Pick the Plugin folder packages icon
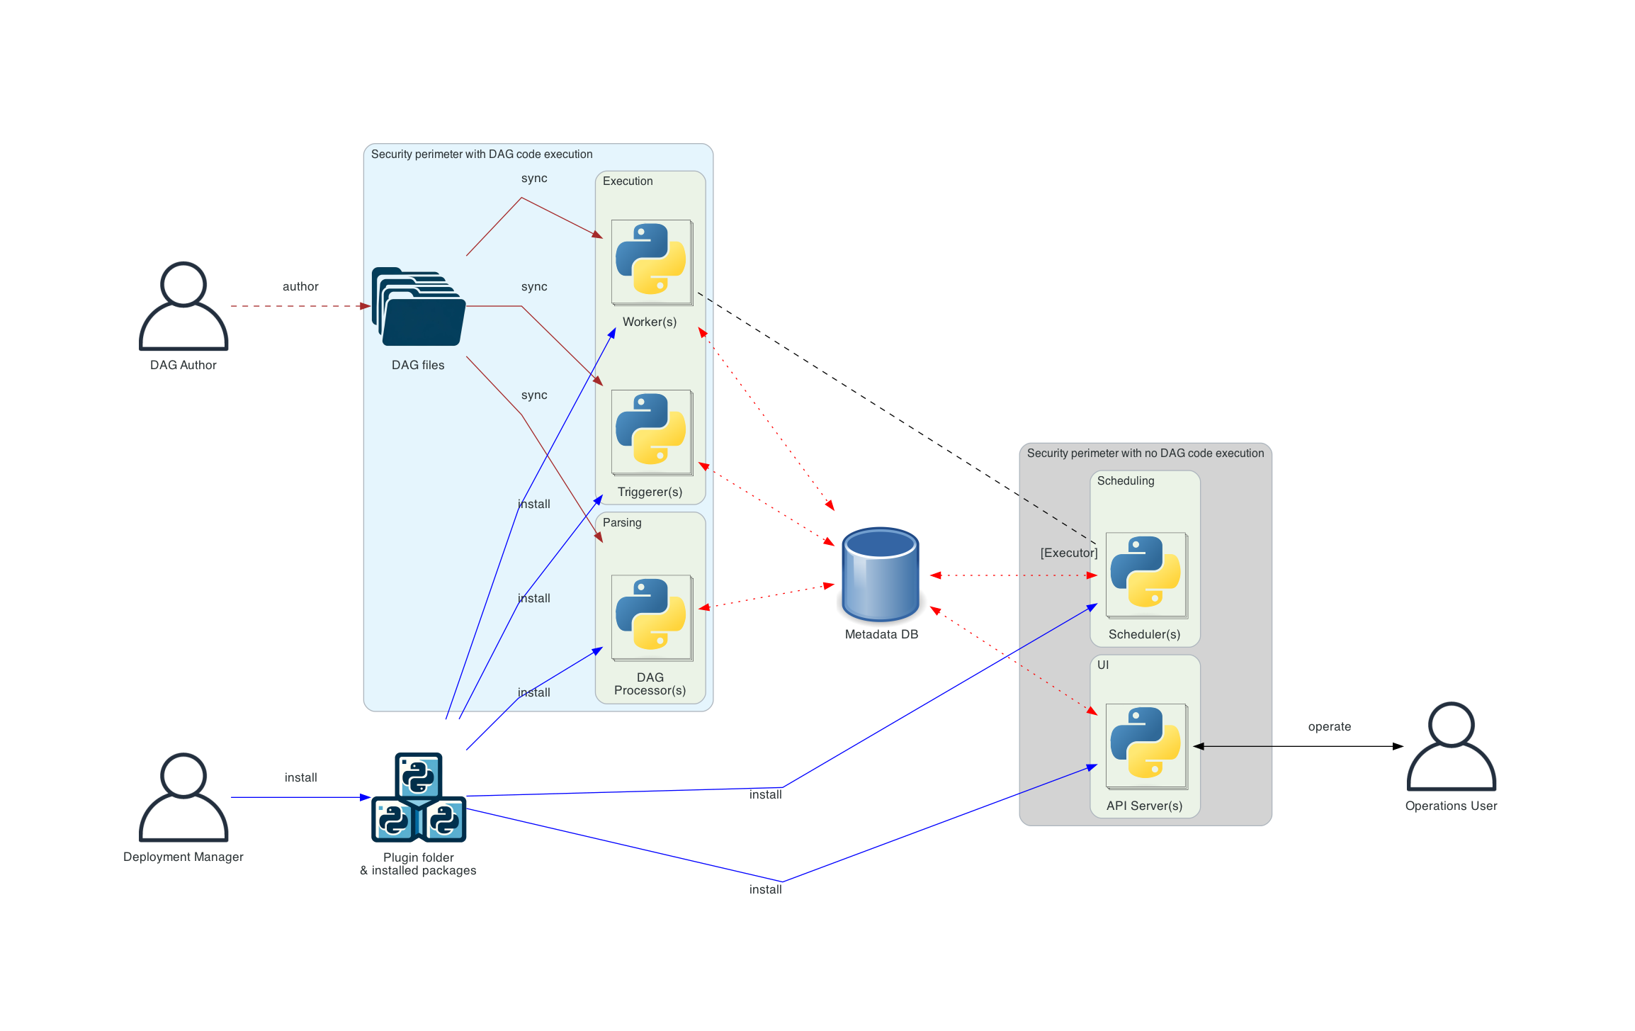[419, 798]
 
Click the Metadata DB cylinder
[881, 575]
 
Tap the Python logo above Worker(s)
[651, 260]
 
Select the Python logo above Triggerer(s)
[651, 430]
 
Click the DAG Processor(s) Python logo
[651, 615]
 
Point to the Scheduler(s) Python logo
[1145, 573]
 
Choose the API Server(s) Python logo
[1145, 744]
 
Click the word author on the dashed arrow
[300, 286]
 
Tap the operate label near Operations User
[1329, 726]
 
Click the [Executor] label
[1068, 553]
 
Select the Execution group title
[628, 181]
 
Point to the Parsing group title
[622, 523]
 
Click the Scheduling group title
[1126, 481]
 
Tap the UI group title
[1103, 665]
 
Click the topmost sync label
[534, 179]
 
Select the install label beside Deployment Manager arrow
[300, 777]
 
